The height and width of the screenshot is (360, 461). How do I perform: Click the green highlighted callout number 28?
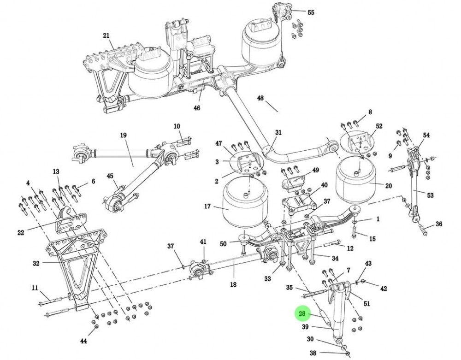coord(302,314)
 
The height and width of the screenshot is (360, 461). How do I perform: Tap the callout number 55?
coord(311,12)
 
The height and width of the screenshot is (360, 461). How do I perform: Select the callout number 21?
coord(106,35)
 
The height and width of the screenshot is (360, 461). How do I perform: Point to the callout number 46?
coord(197,108)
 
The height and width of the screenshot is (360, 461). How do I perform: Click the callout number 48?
coord(260,98)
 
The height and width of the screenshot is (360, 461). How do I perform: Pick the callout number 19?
coord(123,135)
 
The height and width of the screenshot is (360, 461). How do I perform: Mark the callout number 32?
coord(36,263)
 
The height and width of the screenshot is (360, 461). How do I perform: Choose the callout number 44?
coord(83,341)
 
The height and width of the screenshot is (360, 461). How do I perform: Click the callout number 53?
coord(430,195)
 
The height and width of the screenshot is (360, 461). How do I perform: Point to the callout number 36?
coord(439,224)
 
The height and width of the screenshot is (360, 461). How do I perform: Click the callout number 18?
coord(233,285)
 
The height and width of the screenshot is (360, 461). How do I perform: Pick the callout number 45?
coord(110,176)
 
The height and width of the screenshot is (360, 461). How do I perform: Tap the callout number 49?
coord(315,170)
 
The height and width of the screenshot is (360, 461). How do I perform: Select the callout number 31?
coord(278,132)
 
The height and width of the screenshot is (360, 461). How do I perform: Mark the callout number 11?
coord(35,288)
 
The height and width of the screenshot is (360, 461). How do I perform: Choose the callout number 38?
coord(313,353)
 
